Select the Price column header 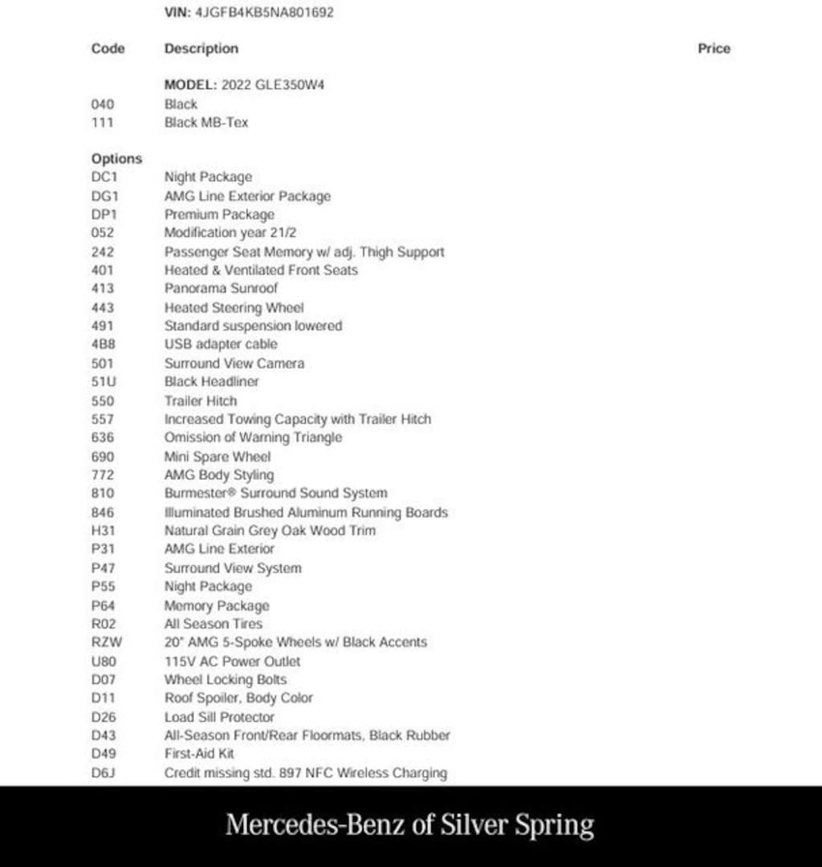click(714, 48)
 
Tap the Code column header click(108, 48)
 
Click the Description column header click(201, 48)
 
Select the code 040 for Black click(104, 104)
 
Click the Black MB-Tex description click(206, 123)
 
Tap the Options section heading click(116, 159)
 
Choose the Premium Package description click(219, 214)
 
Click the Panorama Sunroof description click(221, 288)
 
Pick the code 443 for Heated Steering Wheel click(104, 307)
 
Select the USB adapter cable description click(221, 344)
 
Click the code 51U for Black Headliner click(104, 382)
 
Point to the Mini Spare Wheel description click(218, 457)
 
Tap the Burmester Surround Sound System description click(276, 494)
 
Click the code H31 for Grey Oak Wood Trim click(104, 531)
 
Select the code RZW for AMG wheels click(106, 642)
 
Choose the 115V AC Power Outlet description click(233, 661)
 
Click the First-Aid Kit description click(200, 754)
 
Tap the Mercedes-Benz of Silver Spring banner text click(410, 825)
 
